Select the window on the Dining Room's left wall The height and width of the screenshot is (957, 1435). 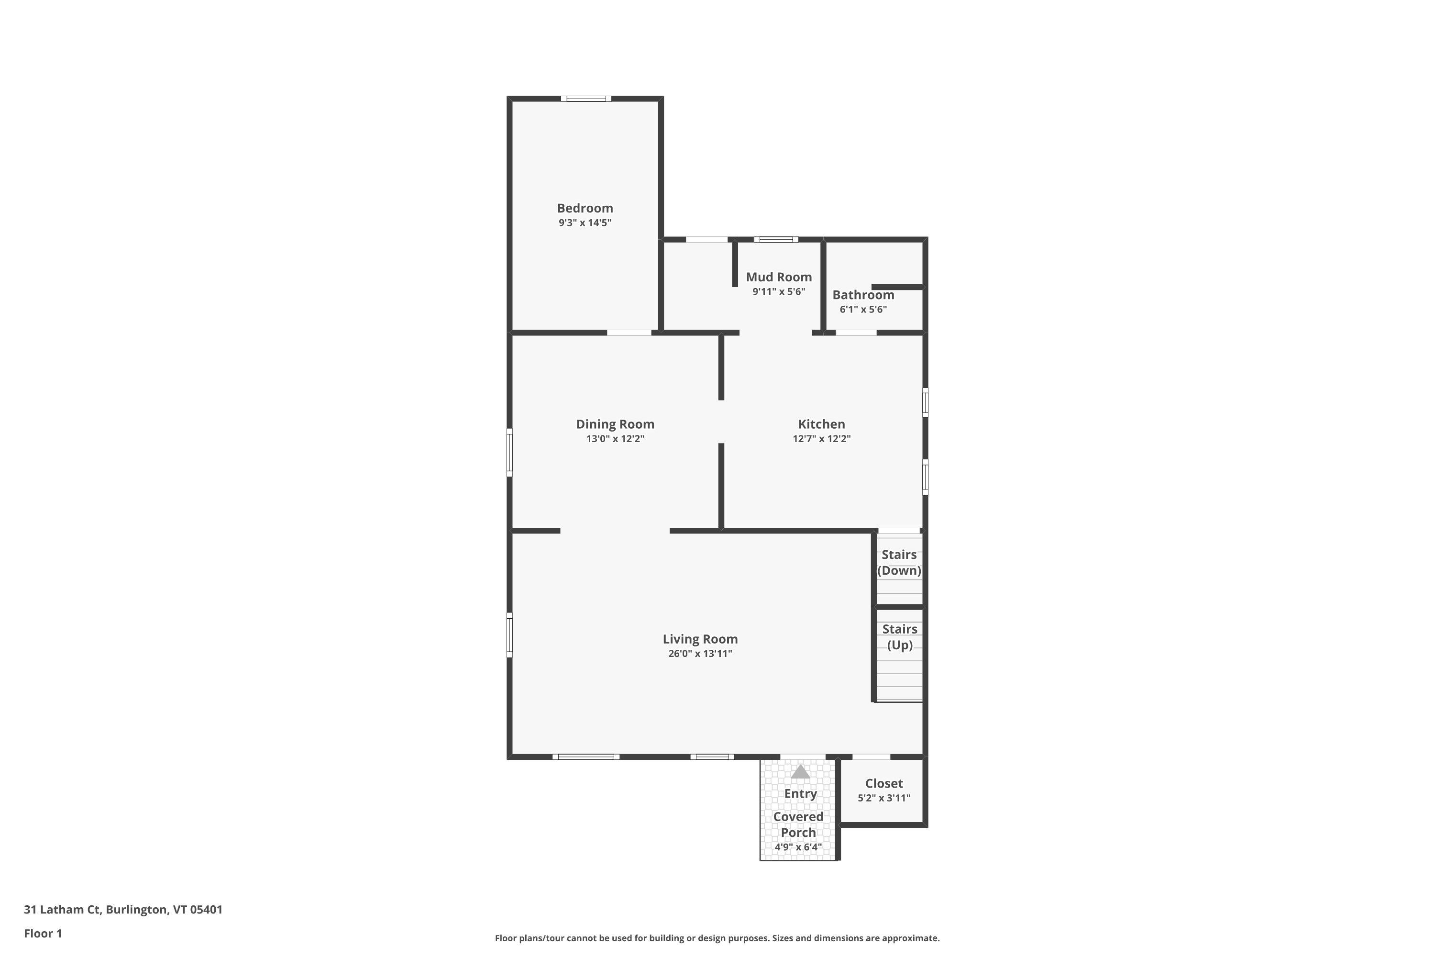coord(509,452)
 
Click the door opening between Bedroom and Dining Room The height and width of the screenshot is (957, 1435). coord(629,333)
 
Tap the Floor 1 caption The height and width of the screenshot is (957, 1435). coord(43,933)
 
